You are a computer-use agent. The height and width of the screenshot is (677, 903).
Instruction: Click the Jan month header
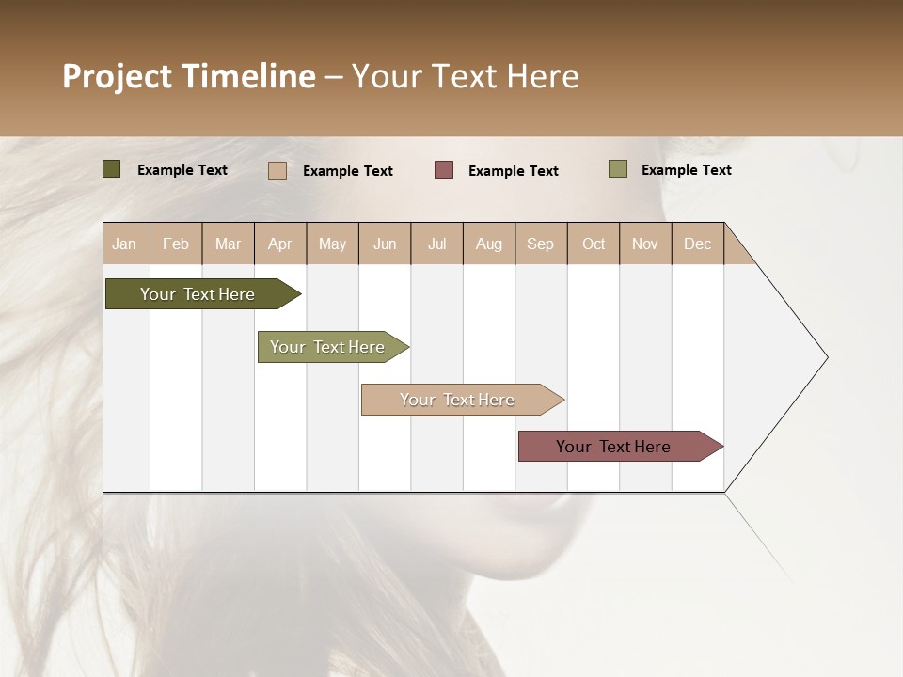tap(124, 244)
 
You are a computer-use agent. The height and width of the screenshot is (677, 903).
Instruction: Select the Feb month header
tap(176, 244)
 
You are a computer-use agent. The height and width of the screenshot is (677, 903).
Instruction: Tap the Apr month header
tap(279, 244)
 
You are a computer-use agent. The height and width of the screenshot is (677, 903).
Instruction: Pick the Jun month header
tap(385, 244)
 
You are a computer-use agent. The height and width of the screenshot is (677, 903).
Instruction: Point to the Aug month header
tap(488, 244)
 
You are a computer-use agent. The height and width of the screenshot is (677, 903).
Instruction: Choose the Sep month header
tap(540, 244)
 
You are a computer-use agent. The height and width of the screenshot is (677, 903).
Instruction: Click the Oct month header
tap(594, 244)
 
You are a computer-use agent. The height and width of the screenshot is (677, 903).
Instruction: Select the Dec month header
tap(697, 244)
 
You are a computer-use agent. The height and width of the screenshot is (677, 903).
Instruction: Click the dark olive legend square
tap(112, 169)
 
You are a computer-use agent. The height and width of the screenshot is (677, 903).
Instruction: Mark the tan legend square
tap(277, 170)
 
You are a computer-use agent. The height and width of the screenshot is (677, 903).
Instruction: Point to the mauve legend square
tap(444, 170)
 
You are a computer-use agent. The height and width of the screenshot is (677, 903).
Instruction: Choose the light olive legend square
tap(618, 169)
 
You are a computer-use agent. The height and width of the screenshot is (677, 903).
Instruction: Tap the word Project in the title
tap(118, 76)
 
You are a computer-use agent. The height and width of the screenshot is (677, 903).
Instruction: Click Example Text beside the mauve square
tap(513, 171)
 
